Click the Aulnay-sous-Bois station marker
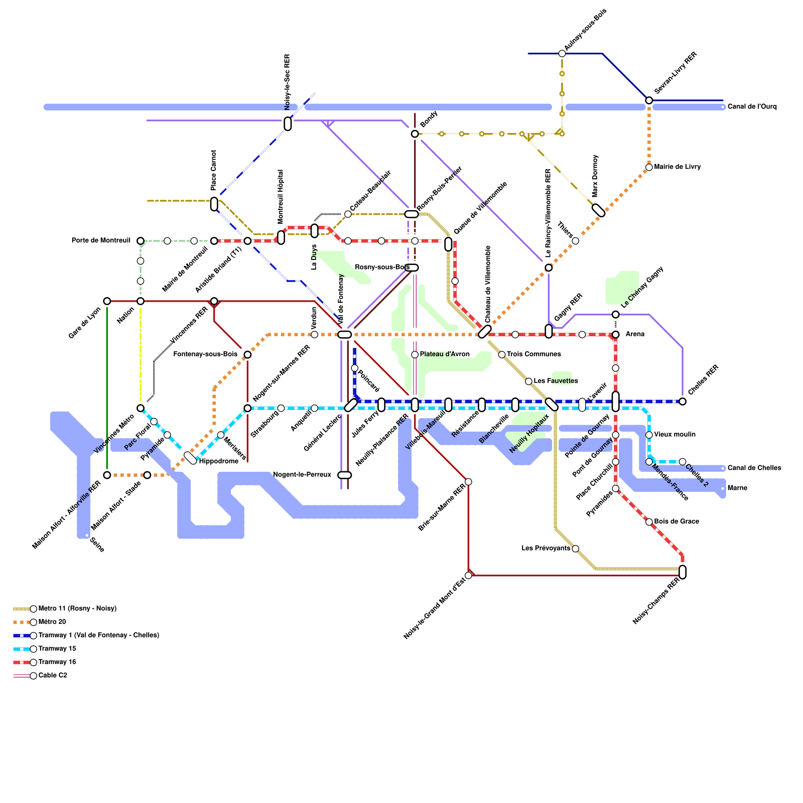click(x=562, y=54)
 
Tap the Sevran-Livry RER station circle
click(x=649, y=100)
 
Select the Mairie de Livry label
click(x=678, y=167)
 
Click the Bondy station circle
click(x=415, y=133)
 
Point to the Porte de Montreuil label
click(x=101, y=240)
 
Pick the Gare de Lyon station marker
click(x=107, y=301)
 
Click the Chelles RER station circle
click(x=683, y=401)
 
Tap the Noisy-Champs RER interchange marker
click(x=683, y=572)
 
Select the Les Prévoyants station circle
click(x=576, y=549)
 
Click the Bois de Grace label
click(x=677, y=521)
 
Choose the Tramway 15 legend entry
click(x=57, y=648)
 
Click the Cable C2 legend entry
click(x=53, y=675)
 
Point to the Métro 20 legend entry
click(x=52, y=622)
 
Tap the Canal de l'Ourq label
click(x=752, y=106)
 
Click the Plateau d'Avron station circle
click(x=415, y=355)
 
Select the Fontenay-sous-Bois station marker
click(x=247, y=355)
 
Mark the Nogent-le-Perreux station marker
click(x=344, y=475)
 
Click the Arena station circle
click(x=616, y=335)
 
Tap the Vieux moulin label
click(x=675, y=435)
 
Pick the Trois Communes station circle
click(x=502, y=355)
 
